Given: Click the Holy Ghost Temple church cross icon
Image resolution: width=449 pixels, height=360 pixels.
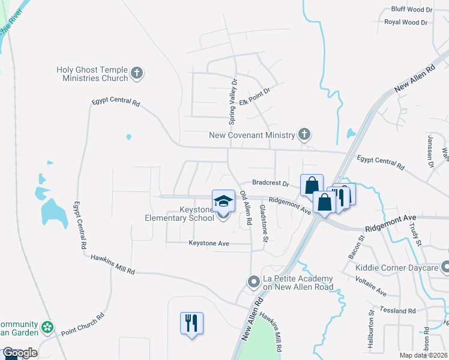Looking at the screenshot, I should pyautogui.click(x=137, y=74).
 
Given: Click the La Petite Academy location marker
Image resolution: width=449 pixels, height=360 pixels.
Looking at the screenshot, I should pyautogui.click(x=254, y=281).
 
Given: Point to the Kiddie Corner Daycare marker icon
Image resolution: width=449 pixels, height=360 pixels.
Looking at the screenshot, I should pyautogui.click(x=445, y=266).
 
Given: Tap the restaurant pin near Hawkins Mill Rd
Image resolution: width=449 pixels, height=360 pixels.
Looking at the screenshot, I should pyautogui.click(x=191, y=324).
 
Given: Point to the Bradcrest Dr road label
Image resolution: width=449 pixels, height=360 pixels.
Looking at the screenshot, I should pyautogui.click(x=270, y=182).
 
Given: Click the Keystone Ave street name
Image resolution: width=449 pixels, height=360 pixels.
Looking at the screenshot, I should pyautogui.click(x=209, y=243).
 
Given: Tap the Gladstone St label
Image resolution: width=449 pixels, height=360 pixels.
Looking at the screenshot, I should pyautogui.click(x=264, y=223).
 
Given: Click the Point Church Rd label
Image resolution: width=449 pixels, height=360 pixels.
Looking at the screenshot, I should pyautogui.click(x=82, y=323).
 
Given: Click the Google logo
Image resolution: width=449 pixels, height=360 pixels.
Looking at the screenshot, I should pyautogui.click(x=20, y=353).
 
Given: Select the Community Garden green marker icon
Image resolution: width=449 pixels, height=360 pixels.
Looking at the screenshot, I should pyautogui.click(x=47, y=329).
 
